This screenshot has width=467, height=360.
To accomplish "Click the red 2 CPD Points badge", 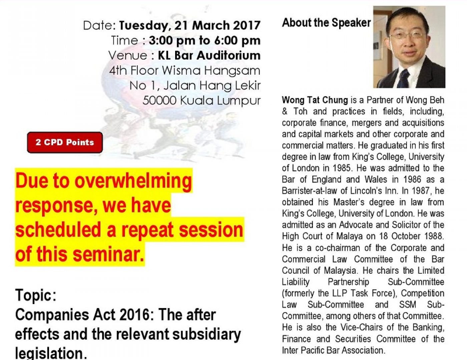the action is tap(65, 142).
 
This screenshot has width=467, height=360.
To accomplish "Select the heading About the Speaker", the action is tap(327, 23).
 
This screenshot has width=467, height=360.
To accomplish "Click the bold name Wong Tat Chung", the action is tap(315, 100).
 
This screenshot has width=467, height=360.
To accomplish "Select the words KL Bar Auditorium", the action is tap(209, 55).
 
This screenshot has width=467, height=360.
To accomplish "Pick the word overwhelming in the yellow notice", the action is tap(133, 181).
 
